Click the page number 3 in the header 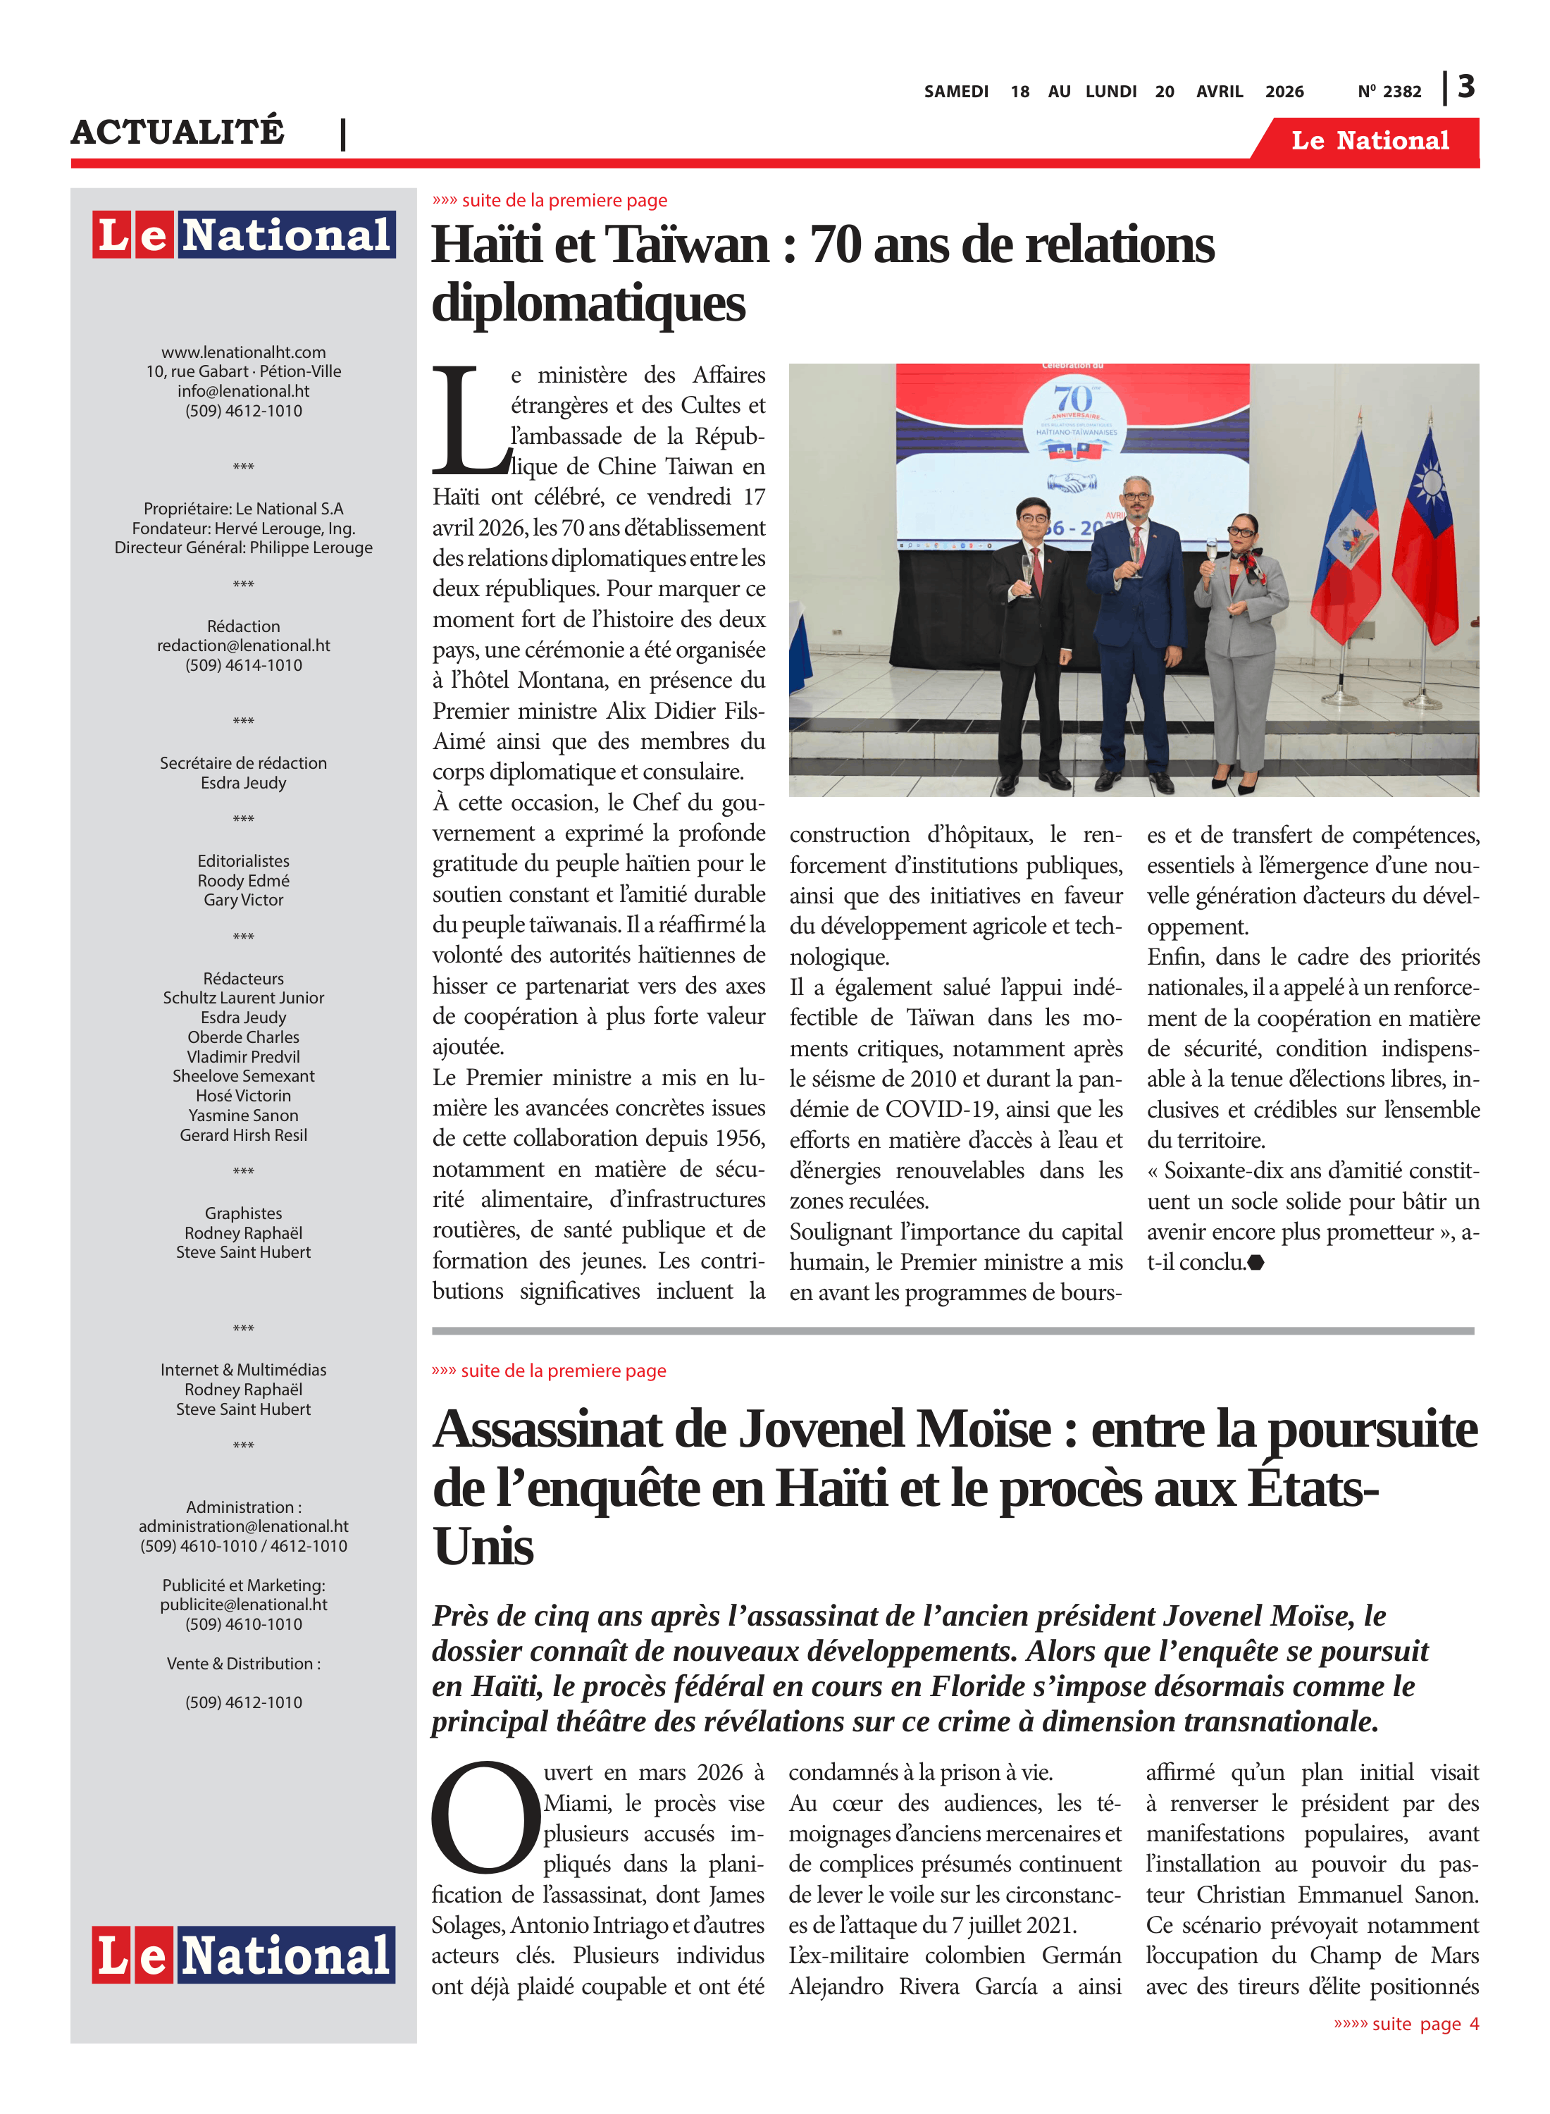(x=1466, y=87)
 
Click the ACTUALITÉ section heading (x=178, y=131)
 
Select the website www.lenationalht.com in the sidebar (x=243, y=352)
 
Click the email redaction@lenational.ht (x=243, y=645)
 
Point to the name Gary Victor (x=243, y=900)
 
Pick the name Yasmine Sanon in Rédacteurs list (x=243, y=1115)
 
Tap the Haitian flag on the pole (x=1347, y=544)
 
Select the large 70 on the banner (x=1073, y=398)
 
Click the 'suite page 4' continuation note (x=1406, y=2024)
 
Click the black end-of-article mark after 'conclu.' (x=1256, y=1263)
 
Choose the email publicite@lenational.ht (x=243, y=1605)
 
